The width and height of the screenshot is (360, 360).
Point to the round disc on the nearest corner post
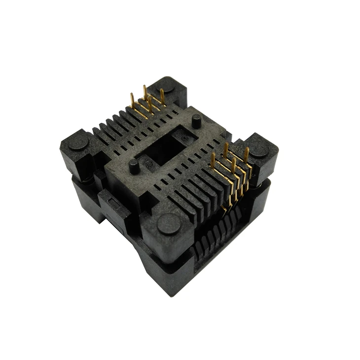pos(169,225)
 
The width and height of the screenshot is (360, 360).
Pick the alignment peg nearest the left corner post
pos(134,166)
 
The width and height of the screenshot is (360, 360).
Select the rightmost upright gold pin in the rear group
pos(162,97)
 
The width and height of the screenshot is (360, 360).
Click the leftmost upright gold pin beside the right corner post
pos(213,160)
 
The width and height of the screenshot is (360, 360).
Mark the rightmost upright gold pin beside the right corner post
pos(246,154)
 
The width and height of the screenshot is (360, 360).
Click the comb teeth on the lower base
pos(217,232)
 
